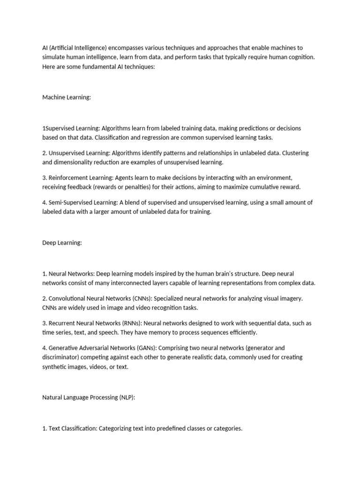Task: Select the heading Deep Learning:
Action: coord(62,242)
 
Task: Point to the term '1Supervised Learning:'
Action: coord(71,128)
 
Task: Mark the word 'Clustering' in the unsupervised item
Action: coord(296,153)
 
